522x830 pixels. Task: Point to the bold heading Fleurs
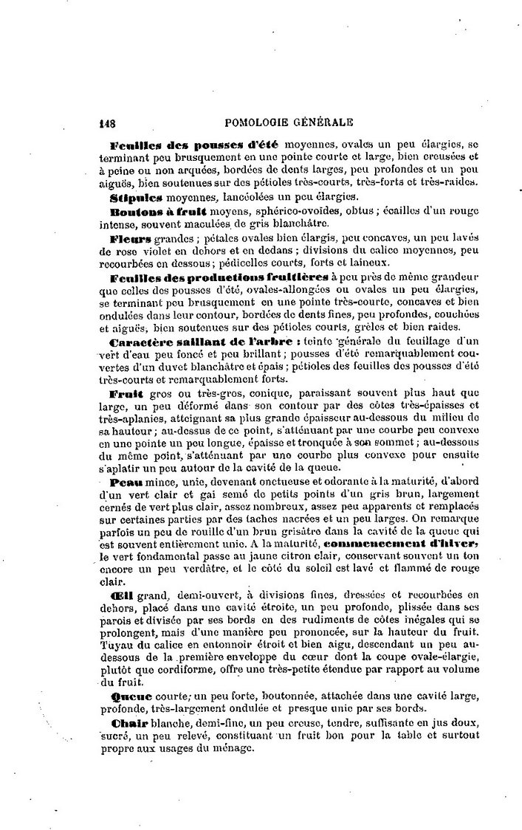131,239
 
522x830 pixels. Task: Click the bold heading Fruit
126,394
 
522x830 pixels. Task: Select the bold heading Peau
125,481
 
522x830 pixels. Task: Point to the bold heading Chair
126,722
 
